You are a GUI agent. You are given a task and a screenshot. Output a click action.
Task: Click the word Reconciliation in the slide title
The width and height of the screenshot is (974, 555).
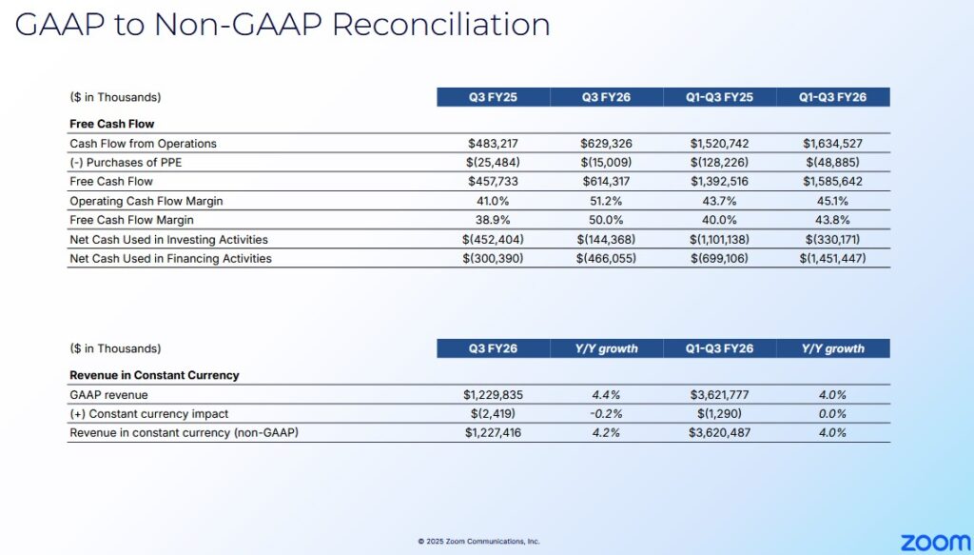pyautogui.click(x=440, y=25)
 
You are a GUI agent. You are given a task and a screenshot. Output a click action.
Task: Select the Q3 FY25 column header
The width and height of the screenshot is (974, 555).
pyautogui.click(x=493, y=97)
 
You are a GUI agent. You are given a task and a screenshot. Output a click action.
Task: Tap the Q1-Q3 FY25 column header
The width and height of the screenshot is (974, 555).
pyautogui.click(x=719, y=97)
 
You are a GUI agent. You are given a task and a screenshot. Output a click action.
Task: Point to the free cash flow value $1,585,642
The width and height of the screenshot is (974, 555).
pyautogui.click(x=832, y=182)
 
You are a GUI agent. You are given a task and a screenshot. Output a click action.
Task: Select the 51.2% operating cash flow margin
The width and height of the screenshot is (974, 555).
pyautogui.click(x=606, y=201)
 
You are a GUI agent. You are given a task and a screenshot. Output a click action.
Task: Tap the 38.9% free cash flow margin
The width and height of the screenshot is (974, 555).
pyautogui.click(x=493, y=220)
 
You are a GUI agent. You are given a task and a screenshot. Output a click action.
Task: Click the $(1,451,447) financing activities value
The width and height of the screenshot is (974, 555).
pyautogui.click(x=832, y=259)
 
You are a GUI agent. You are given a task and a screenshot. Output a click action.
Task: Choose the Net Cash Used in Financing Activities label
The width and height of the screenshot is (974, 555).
pyautogui.click(x=170, y=259)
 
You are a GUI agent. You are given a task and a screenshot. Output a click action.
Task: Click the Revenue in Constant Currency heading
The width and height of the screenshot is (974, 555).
pyautogui.click(x=154, y=375)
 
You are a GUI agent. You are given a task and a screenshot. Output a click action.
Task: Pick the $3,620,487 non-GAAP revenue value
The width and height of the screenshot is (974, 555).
pyautogui.click(x=719, y=433)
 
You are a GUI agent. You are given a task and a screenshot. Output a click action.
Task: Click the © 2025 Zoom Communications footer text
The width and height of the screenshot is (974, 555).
pyautogui.click(x=478, y=542)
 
